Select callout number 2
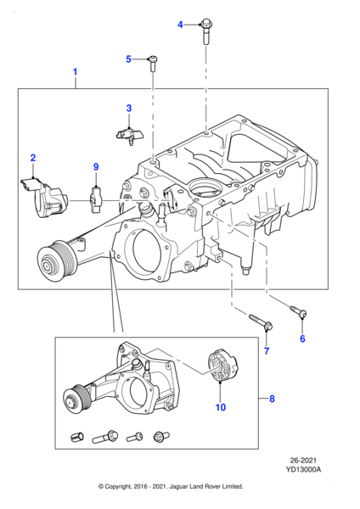[33, 158]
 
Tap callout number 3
[129, 108]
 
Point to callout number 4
[180, 25]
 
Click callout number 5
[129, 59]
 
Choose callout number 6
[301, 338]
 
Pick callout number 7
[266, 350]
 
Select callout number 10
[220, 408]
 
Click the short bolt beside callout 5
[153, 61]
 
